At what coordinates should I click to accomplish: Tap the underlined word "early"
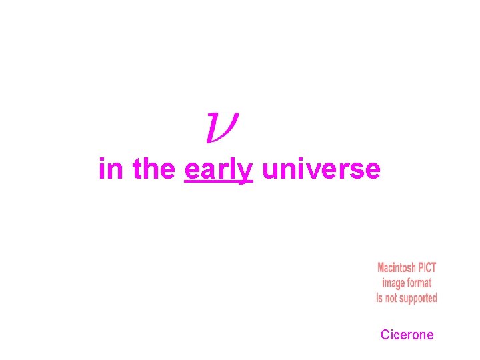(x=218, y=170)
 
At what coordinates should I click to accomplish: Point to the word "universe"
(x=321, y=170)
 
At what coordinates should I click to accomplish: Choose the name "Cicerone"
(x=407, y=335)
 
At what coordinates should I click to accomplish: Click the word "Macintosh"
(x=397, y=268)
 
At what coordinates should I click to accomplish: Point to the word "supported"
(x=420, y=298)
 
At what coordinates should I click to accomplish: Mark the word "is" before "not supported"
(x=379, y=297)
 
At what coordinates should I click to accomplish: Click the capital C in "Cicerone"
(x=385, y=335)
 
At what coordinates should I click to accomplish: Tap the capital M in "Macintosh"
(x=381, y=268)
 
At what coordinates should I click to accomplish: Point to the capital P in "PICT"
(x=421, y=268)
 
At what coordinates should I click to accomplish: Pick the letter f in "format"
(x=411, y=283)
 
